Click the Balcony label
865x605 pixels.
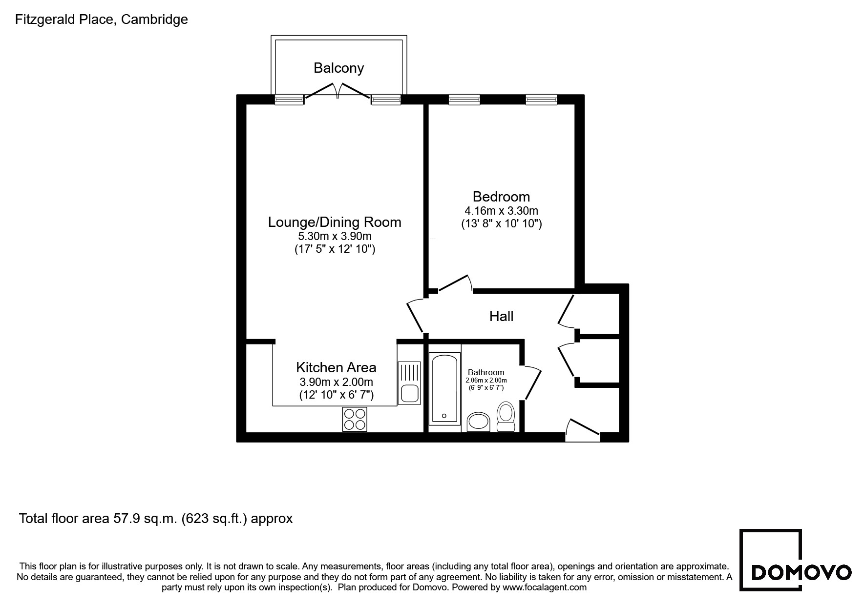click(x=338, y=68)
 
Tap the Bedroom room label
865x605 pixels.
click(x=501, y=197)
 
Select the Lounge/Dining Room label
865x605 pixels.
click(x=335, y=222)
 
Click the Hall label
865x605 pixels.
click(x=501, y=316)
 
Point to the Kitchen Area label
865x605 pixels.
click(x=336, y=367)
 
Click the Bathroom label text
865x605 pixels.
click(x=486, y=372)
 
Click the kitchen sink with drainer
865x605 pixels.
click(x=409, y=383)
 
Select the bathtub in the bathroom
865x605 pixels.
click(x=444, y=388)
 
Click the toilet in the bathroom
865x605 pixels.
click(x=506, y=417)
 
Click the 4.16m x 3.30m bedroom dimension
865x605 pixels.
click(x=501, y=211)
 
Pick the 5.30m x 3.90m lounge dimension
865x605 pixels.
click(x=335, y=236)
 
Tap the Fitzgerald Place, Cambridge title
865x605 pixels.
click(x=102, y=20)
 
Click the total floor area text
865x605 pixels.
click(x=156, y=518)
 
